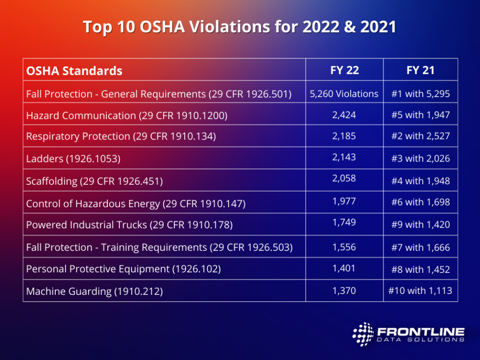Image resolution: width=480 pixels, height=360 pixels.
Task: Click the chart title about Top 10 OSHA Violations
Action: pyautogui.click(x=240, y=27)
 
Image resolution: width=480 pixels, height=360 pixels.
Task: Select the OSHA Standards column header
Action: pyautogui.click(x=74, y=71)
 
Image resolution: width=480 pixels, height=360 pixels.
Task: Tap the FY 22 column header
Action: pyautogui.click(x=344, y=70)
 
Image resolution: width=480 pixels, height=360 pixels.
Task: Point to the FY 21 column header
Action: pyautogui.click(x=420, y=70)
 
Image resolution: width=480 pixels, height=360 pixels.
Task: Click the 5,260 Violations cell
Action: pyautogui.click(x=344, y=94)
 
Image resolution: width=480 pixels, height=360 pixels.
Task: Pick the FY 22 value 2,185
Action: pyautogui.click(x=344, y=136)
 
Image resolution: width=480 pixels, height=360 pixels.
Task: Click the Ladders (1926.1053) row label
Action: pyautogui.click(x=73, y=159)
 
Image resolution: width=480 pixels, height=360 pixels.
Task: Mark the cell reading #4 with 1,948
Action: pyautogui.click(x=420, y=181)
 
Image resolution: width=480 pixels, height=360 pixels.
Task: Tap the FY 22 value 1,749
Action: pyautogui.click(x=344, y=222)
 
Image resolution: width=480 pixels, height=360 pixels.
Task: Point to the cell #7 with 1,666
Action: pyautogui.click(x=420, y=247)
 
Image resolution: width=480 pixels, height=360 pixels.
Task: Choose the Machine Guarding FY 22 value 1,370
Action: pyautogui.click(x=344, y=291)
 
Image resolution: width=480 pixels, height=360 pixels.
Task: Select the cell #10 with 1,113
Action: pyautogui.click(x=420, y=291)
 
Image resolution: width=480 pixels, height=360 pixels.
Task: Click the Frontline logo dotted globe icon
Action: pyautogui.click(x=362, y=334)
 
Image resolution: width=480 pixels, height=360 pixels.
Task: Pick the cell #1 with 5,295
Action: pyautogui.click(x=420, y=94)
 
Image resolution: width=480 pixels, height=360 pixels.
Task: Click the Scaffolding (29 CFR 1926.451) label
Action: pyautogui.click(x=94, y=181)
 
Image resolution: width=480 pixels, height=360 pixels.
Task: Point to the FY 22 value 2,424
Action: pyautogui.click(x=344, y=115)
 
